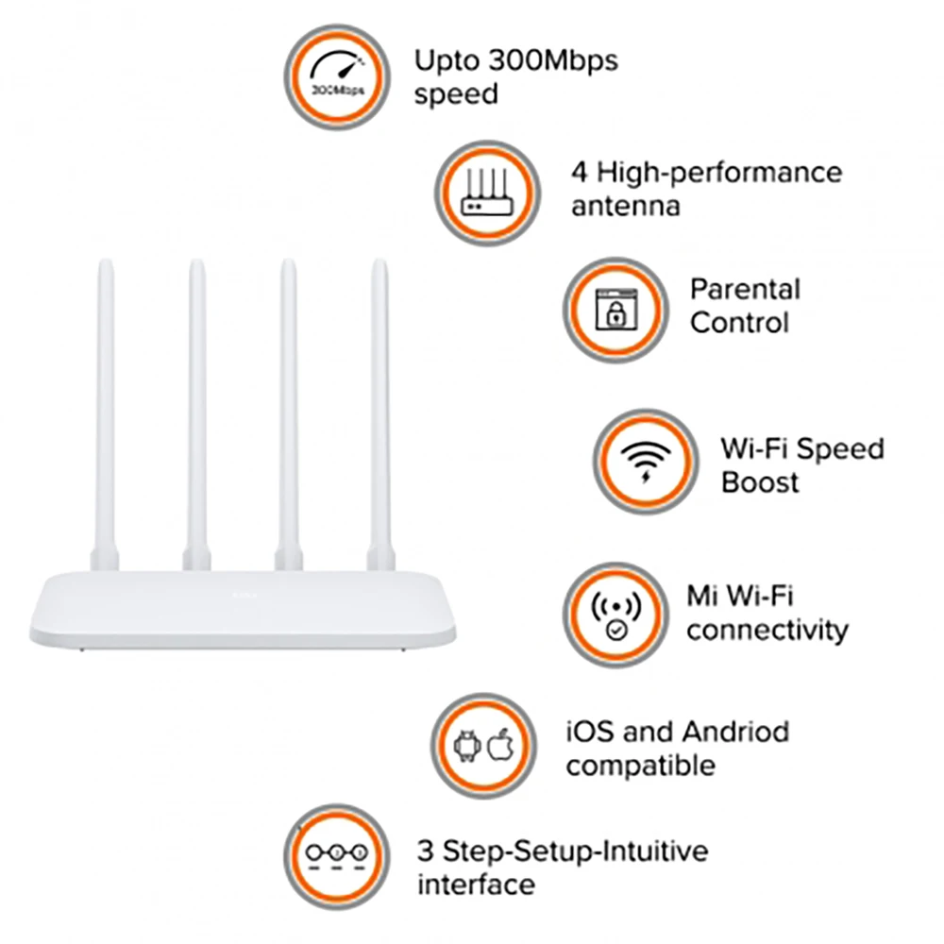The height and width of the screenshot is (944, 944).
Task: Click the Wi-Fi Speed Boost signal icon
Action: pyautogui.click(x=647, y=462)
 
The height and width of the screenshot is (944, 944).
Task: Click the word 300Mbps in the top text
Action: pyautogui.click(x=550, y=61)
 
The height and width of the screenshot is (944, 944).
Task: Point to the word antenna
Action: pyautogui.click(x=625, y=206)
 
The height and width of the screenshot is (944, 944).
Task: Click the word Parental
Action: pyautogui.click(x=745, y=289)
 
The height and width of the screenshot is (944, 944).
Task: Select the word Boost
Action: pyautogui.click(x=760, y=482)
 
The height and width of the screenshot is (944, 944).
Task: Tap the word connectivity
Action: pyautogui.click(x=767, y=631)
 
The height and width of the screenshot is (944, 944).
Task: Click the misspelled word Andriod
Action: pyautogui.click(x=735, y=732)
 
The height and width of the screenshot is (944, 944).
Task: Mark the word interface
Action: pyautogui.click(x=476, y=885)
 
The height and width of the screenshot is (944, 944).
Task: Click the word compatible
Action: pyautogui.click(x=640, y=766)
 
